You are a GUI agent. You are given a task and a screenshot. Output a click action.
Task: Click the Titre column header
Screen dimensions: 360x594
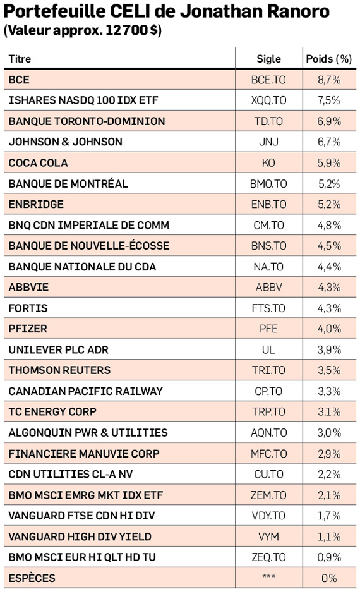click(20, 59)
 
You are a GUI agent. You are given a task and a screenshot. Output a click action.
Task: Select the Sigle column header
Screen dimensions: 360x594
click(269, 59)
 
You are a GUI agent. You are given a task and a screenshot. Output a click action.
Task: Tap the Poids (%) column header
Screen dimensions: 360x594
click(329, 59)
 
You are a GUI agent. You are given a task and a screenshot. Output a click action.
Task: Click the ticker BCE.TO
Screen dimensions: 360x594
click(269, 80)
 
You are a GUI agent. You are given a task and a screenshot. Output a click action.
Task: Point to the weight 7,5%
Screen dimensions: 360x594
click(329, 100)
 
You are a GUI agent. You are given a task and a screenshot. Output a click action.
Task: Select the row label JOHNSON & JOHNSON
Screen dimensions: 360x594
click(66, 142)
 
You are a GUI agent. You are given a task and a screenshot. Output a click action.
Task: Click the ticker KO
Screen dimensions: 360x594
click(269, 163)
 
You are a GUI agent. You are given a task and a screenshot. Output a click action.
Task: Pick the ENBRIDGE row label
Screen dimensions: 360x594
click(36, 204)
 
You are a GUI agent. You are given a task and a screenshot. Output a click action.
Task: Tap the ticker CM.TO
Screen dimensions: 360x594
click(269, 225)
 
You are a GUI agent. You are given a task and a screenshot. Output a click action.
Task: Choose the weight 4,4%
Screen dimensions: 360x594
click(329, 267)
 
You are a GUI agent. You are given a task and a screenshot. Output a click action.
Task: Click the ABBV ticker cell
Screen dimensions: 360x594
click(269, 287)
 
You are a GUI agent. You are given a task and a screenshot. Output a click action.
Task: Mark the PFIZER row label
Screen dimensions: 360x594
click(28, 329)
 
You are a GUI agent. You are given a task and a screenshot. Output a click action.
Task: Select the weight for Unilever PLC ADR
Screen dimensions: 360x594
click(329, 349)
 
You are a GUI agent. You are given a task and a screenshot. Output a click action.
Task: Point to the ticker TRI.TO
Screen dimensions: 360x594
click(269, 370)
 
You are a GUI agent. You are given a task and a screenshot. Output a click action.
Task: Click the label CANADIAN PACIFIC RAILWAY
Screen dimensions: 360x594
click(85, 391)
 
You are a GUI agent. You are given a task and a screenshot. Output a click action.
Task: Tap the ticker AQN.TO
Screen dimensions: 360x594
click(269, 433)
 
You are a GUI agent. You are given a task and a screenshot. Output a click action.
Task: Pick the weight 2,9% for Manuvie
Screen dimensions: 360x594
click(329, 454)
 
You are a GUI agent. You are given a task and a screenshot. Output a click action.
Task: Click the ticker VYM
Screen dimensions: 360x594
click(269, 536)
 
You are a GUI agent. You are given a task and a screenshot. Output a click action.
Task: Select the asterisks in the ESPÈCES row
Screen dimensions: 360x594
click(269, 576)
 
